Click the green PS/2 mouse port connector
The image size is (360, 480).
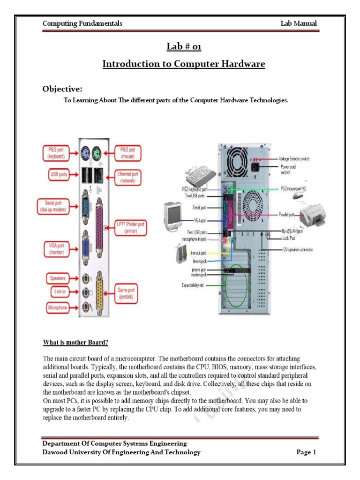tap(96, 153)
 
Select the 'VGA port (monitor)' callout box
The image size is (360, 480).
tap(56, 248)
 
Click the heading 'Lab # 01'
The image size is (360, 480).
tap(183, 46)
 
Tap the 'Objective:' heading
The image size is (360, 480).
tap(63, 89)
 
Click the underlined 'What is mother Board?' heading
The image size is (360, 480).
tap(79, 341)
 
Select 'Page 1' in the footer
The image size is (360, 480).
tap(307, 452)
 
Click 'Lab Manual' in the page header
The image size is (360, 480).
tap(298, 23)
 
